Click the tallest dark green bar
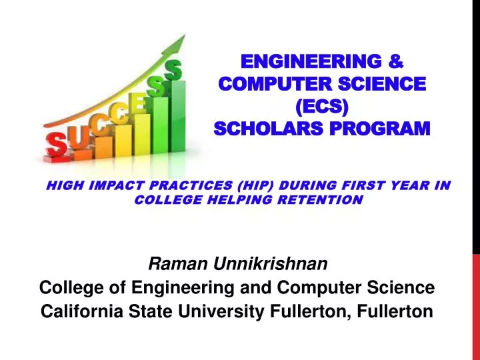[x=176, y=113]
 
